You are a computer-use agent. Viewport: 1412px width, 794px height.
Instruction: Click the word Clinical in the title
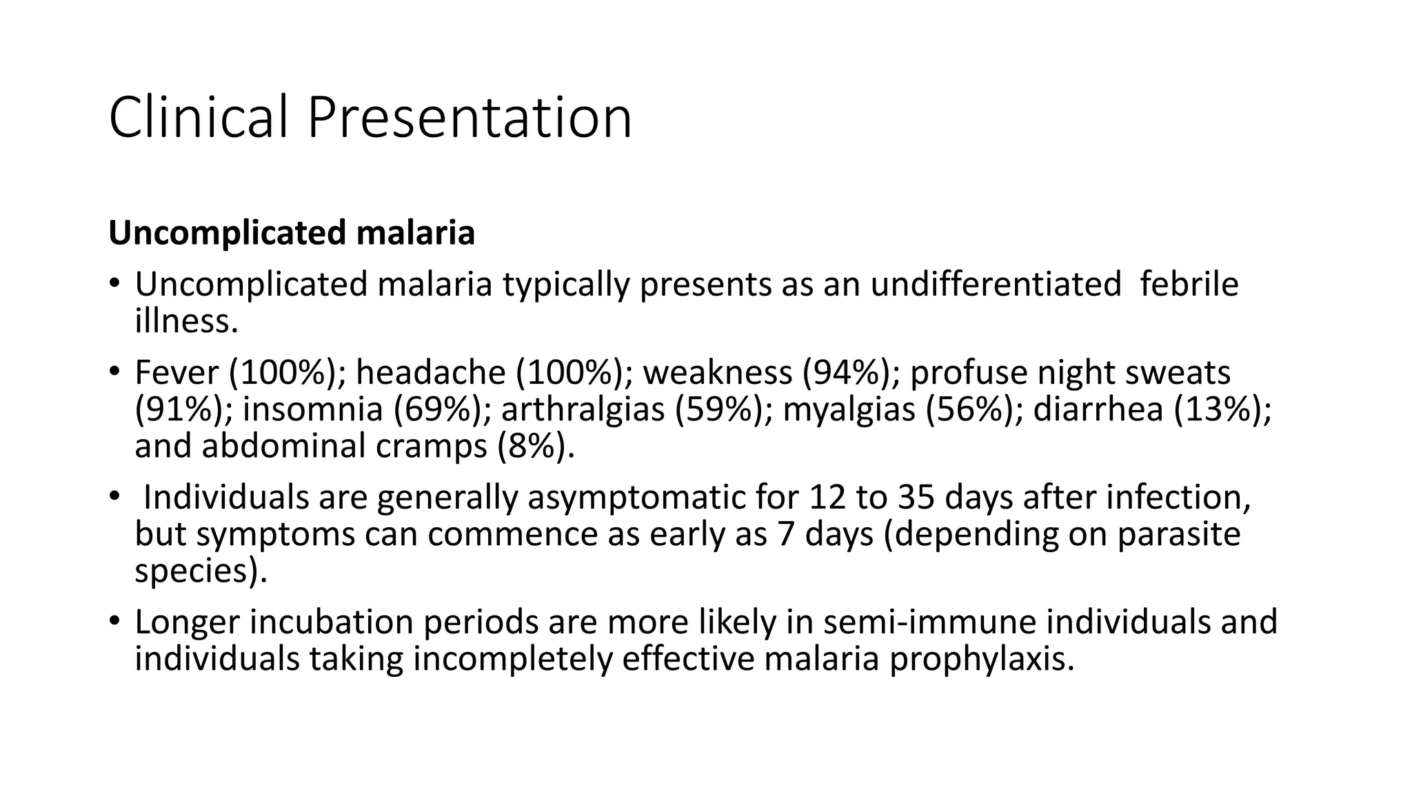pyautogui.click(x=198, y=117)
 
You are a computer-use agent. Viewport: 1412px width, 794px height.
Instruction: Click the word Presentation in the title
pyautogui.click(x=469, y=117)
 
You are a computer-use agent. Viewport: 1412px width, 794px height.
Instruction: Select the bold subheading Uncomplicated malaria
pyautogui.click(x=292, y=232)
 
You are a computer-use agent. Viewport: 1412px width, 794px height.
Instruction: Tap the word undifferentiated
pyautogui.click(x=996, y=284)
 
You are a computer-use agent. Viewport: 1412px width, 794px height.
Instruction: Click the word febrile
pyautogui.click(x=1189, y=284)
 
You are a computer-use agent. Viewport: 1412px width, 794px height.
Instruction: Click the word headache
pyautogui.click(x=430, y=373)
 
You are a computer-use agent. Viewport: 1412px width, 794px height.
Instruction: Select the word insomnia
pyautogui.click(x=312, y=409)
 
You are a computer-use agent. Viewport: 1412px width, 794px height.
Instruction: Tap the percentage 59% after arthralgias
pyautogui.click(x=723, y=409)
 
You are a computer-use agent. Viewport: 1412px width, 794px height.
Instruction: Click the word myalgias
pyautogui.click(x=849, y=409)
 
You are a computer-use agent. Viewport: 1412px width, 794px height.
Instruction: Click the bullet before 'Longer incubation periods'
pyautogui.click(x=114, y=622)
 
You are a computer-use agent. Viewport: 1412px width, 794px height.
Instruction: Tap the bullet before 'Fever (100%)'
pyautogui.click(x=114, y=373)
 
